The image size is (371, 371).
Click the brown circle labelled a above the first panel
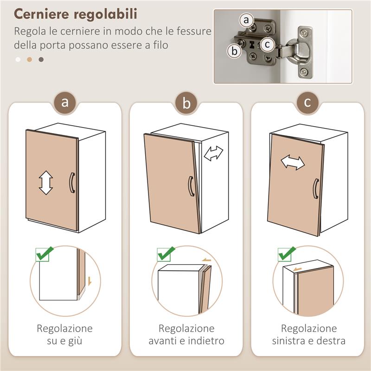tap(65, 102)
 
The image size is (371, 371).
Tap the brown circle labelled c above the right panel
tap(307, 102)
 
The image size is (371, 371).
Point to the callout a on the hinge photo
tap(247, 20)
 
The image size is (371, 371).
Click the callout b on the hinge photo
tap(235, 51)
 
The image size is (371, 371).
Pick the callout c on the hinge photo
tap(266, 45)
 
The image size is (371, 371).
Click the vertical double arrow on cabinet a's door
tap(46, 182)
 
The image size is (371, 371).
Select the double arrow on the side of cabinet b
tap(214, 153)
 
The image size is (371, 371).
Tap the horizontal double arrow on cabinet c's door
tap(293, 162)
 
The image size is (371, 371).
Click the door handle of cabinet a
tap(71, 182)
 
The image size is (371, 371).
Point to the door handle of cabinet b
tap(190, 186)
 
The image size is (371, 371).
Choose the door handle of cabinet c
tap(315, 188)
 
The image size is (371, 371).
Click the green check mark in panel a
tap(44, 254)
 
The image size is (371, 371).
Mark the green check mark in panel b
tap(166, 254)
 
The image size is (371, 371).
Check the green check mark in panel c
tap(287, 254)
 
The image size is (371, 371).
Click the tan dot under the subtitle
tap(30, 59)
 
